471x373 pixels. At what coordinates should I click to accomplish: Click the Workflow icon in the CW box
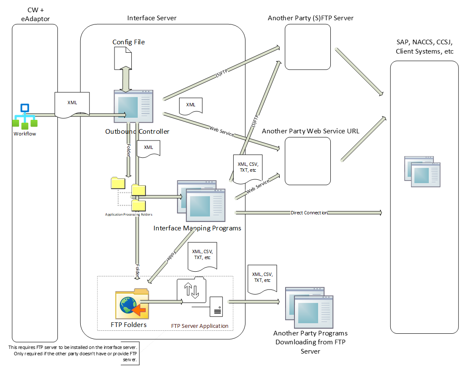(25, 116)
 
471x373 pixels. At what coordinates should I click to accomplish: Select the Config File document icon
(123, 58)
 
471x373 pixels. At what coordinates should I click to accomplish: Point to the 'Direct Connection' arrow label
(309, 213)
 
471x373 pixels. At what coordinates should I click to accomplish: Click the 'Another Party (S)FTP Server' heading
(310, 18)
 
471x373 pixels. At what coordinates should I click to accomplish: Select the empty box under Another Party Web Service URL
(307, 161)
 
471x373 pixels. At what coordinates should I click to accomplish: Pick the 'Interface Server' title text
(152, 18)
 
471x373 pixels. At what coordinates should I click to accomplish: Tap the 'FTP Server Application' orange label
(199, 326)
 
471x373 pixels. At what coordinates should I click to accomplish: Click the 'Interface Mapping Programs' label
(197, 228)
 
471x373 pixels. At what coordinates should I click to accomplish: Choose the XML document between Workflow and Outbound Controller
(72, 103)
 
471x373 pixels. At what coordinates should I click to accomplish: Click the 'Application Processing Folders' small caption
(128, 214)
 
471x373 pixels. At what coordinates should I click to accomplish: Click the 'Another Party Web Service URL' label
(310, 131)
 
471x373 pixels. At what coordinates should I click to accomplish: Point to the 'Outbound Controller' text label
(137, 132)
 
